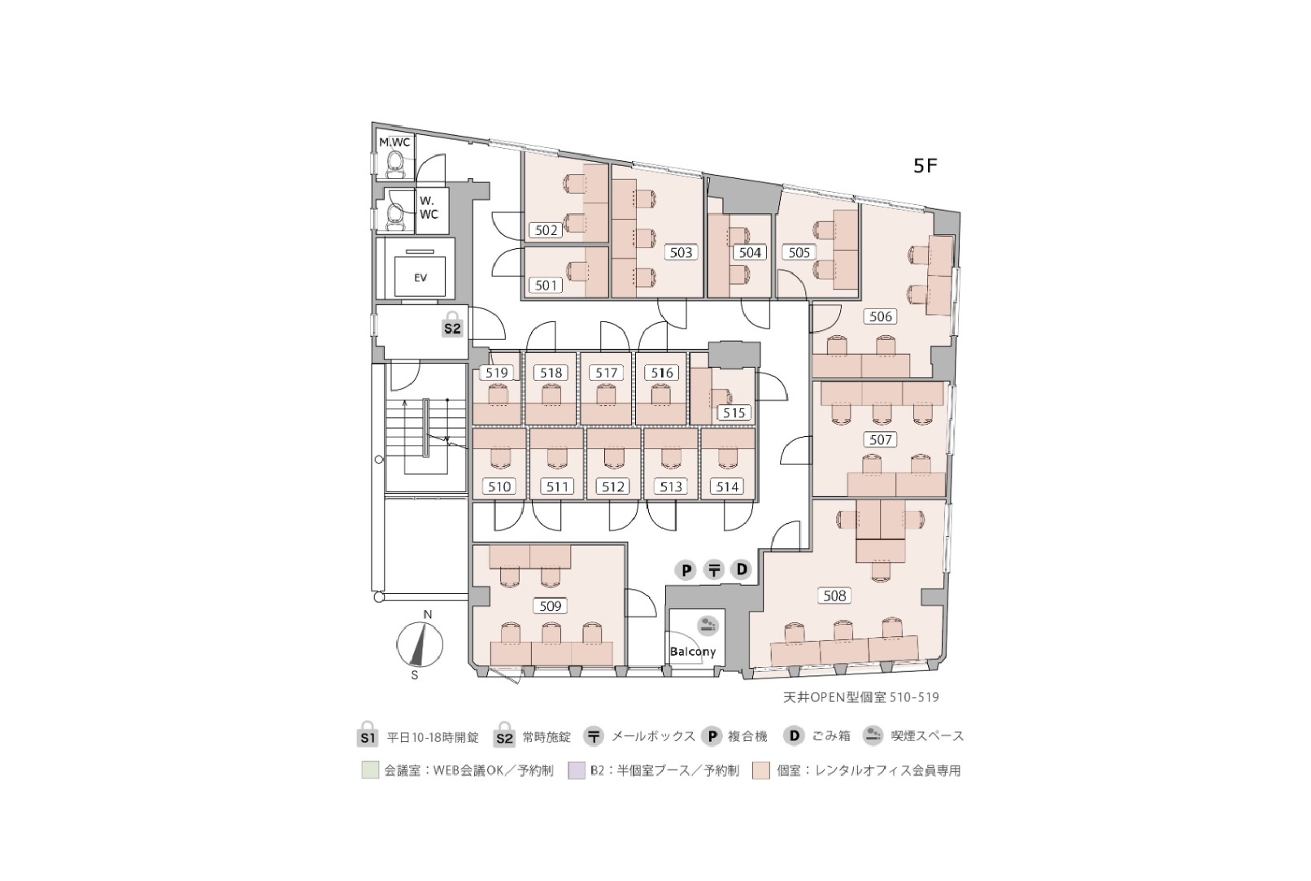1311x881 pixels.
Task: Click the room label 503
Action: (x=681, y=252)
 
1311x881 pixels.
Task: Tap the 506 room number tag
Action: (x=880, y=316)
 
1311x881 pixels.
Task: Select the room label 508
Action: (x=834, y=596)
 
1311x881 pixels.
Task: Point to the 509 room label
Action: (x=550, y=606)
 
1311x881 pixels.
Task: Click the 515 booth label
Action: (x=734, y=412)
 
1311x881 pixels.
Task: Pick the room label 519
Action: (x=496, y=373)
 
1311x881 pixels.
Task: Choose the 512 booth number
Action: (x=612, y=486)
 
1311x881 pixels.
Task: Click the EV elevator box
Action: (x=420, y=277)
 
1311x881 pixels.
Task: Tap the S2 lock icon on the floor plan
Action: (x=452, y=325)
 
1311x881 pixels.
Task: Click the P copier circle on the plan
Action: (x=686, y=569)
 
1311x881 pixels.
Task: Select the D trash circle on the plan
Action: (x=742, y=569)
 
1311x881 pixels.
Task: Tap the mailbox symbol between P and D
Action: (x=714, y=569)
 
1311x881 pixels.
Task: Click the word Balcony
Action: (x=693, y=652)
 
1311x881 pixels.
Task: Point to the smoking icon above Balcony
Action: (x=708, y=626)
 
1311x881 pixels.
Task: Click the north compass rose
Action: (x=420, y=644)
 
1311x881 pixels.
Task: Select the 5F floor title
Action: (x=926, y=166)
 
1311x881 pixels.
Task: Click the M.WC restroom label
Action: (x=394, y=142)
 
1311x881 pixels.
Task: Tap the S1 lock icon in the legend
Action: (x=368, y=734)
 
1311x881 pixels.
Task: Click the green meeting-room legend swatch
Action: (x=370, y=770)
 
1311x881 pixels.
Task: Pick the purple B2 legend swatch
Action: (x=577, y=770)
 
